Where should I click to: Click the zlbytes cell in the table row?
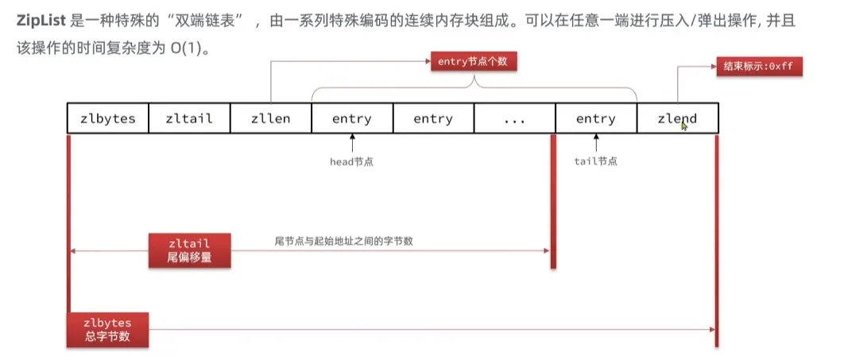click(x=108, y=118)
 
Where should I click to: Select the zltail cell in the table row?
click(x=189, y=118)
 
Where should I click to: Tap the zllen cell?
click(x=270, y=118)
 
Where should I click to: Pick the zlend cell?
click(x=677, y=118)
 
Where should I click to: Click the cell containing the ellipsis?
click(x=514, y=118)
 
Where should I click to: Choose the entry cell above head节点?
click(x=351, y=118)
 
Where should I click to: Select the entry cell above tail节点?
click(x=595, y=118)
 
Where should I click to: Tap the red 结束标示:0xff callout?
click(x=758, y=66)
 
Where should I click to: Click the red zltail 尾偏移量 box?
click(x=189, y=250)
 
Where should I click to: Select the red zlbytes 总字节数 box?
click(x=107, y=329)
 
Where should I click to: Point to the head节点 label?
click(x=351, y=161)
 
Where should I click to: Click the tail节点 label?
click(x=595, y=161)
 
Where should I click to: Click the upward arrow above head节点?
click(x=351, y=143)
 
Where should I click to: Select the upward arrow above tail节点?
click(x=595, y=143)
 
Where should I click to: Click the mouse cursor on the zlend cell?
click(x=684, y=125)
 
